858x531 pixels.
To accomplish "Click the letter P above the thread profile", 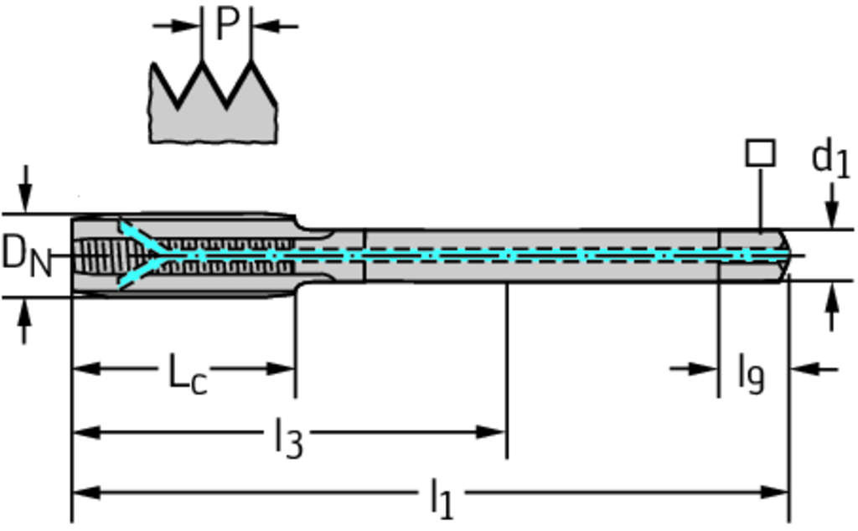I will tap(226, 25).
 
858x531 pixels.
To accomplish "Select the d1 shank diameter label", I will tap(830, 160).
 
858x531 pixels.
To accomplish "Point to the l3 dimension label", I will tap(287, 436).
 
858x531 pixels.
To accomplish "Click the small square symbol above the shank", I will tap(760, 153).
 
